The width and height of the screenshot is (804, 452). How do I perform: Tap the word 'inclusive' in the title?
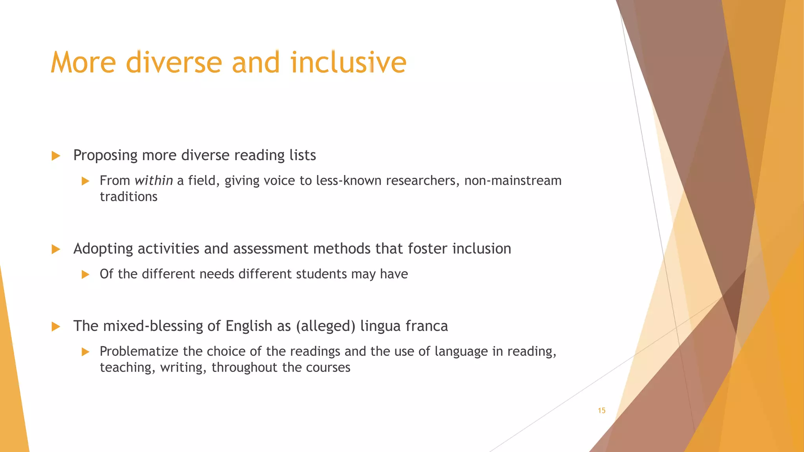click(348, 62)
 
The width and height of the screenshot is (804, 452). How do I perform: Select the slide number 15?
click(601, 410)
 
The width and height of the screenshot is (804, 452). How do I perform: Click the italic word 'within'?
click(153, 180)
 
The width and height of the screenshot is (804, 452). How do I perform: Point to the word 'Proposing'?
click(105, 155)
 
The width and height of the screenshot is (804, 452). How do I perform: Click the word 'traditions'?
click(128, 197)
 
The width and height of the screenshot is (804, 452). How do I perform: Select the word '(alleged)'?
click(325, 326)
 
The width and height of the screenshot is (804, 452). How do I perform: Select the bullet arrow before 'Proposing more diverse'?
click(56, 156)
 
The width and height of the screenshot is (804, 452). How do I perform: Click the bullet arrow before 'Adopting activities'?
click(56, 249)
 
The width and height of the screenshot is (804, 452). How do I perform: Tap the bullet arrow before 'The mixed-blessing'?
click(56, 326)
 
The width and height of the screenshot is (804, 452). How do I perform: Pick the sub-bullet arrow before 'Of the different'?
click(85, 274)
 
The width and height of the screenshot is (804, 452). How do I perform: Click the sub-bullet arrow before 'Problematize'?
click(85, 352)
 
